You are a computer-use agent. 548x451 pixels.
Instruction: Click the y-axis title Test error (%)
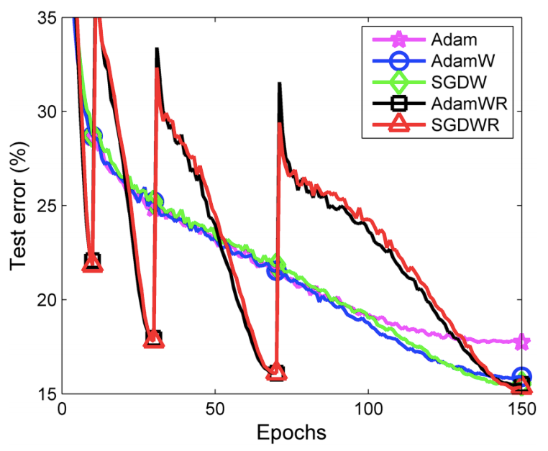click(19, 205)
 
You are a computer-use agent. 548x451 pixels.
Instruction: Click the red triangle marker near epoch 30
click(153, 339)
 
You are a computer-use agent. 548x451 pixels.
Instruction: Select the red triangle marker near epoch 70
click(275, 372)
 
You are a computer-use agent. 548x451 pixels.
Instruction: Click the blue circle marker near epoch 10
click(92, 135)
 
